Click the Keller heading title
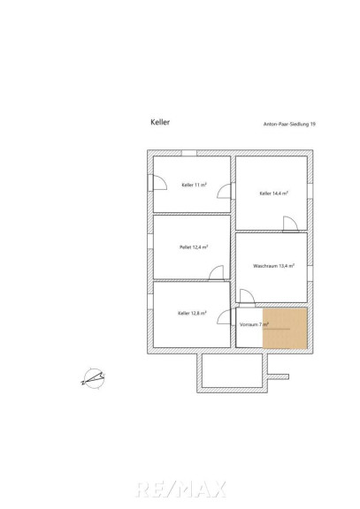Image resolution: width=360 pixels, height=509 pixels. (160, 122)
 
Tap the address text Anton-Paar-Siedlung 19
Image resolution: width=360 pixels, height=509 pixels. (289, 124)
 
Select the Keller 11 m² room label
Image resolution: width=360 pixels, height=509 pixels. (194, 185)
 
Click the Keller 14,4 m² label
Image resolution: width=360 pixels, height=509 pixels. (273, 194)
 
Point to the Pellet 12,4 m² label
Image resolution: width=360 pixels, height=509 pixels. (194, 247)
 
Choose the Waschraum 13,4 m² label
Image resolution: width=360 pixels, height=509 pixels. (273, 265)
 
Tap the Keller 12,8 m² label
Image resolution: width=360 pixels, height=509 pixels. (192, 313)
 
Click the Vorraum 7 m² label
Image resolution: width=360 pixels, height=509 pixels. (254, 324)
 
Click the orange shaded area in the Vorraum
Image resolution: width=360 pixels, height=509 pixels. (285, 328)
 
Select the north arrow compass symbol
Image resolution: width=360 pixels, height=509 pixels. (94, 378)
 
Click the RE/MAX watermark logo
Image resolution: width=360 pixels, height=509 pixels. (180, 490)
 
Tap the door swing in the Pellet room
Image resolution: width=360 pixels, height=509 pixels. (217, 273)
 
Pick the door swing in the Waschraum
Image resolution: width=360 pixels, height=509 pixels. (247, 296)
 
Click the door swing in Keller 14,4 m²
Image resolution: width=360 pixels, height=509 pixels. (290, 224)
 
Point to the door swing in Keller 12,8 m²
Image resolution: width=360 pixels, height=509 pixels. (224, 316)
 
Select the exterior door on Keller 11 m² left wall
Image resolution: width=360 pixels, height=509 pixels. (157, 183)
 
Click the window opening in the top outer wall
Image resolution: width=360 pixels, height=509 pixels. (189, 153)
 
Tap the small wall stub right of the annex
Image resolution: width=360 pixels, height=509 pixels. (278, 376)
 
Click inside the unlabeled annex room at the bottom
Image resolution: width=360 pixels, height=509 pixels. (232, 370)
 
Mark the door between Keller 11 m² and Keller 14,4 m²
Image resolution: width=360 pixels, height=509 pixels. (225, 191)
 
